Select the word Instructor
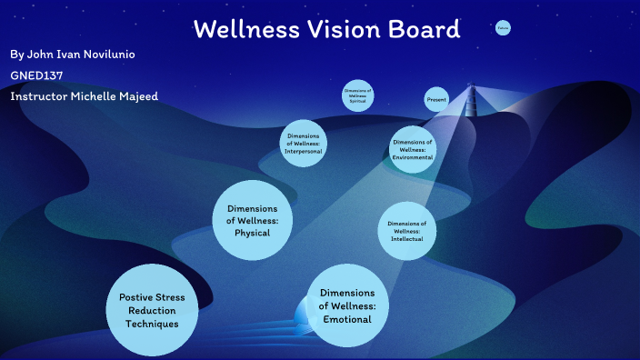pyautogui.click(x=39, y=95)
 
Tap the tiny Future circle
pyautogui.click(x=503, y=29)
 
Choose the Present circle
pyautogui.click(x=436, y=99)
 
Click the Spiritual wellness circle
pyautogui.click(x=358, y=95)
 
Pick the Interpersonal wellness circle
pyautogui.click(x=304, y=142)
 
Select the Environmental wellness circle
pyautogui.click(x=413, y=149)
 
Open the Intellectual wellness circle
pyautogui.click(x=406, y=231)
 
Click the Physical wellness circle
pyautogui.click(x=253, y=221)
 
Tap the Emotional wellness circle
pyautogui.click(x=348, y=306)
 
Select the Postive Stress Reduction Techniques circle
pyautogui.click(x=152, y=310)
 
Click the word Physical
pyautogui.click(x=253, y=233)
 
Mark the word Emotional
pyautogui.click(x=348, y=319)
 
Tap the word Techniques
pyautogui.click(x=152, y=323)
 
